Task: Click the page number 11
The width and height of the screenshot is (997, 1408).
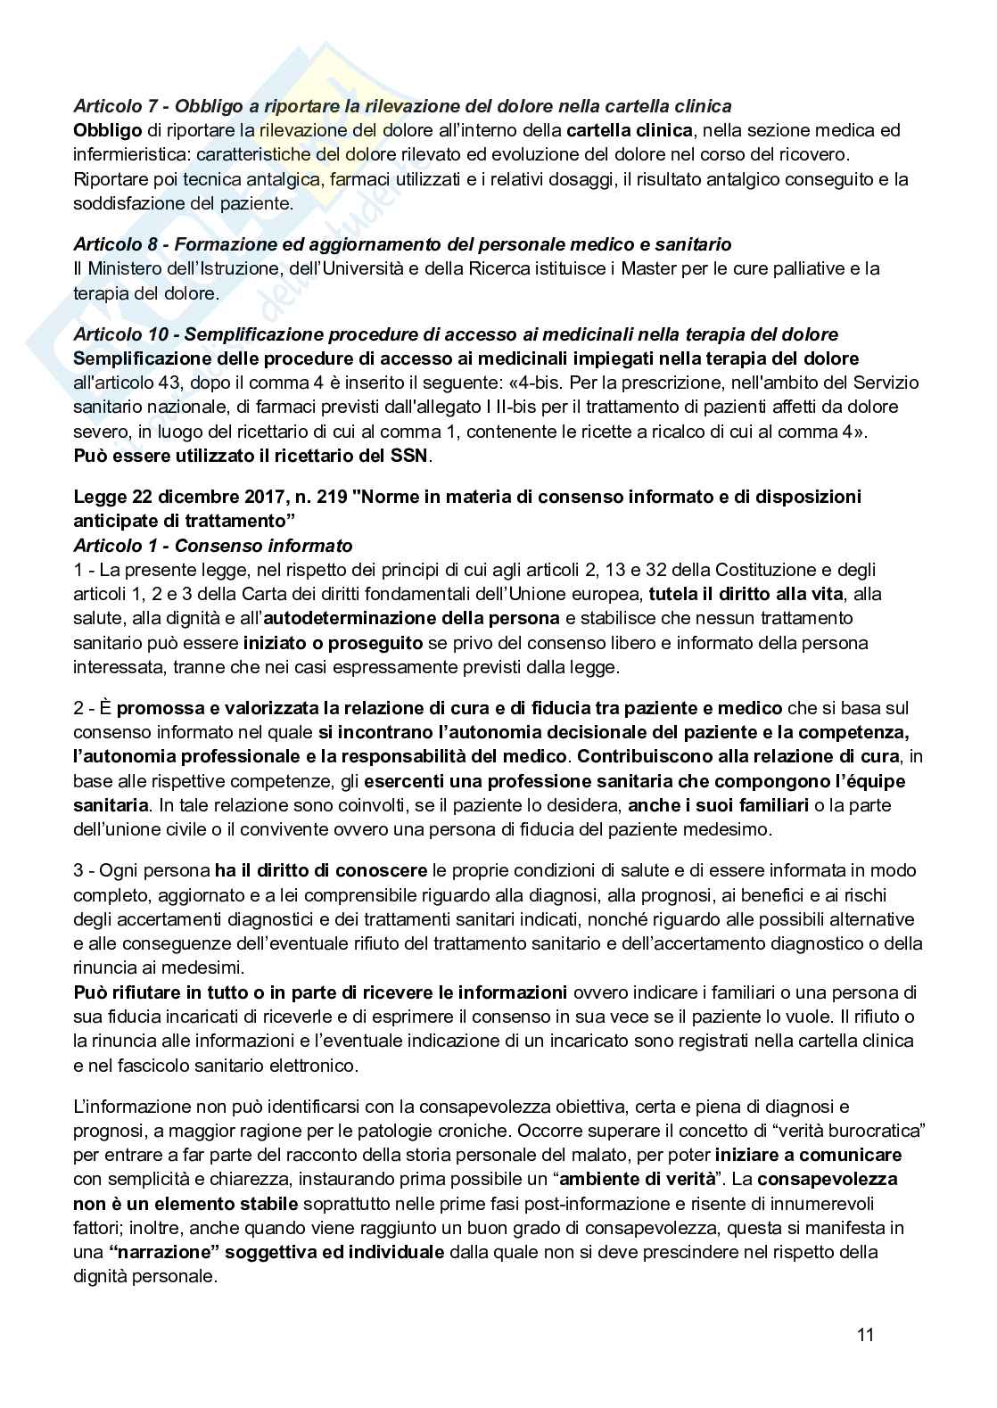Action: point(865,1335)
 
